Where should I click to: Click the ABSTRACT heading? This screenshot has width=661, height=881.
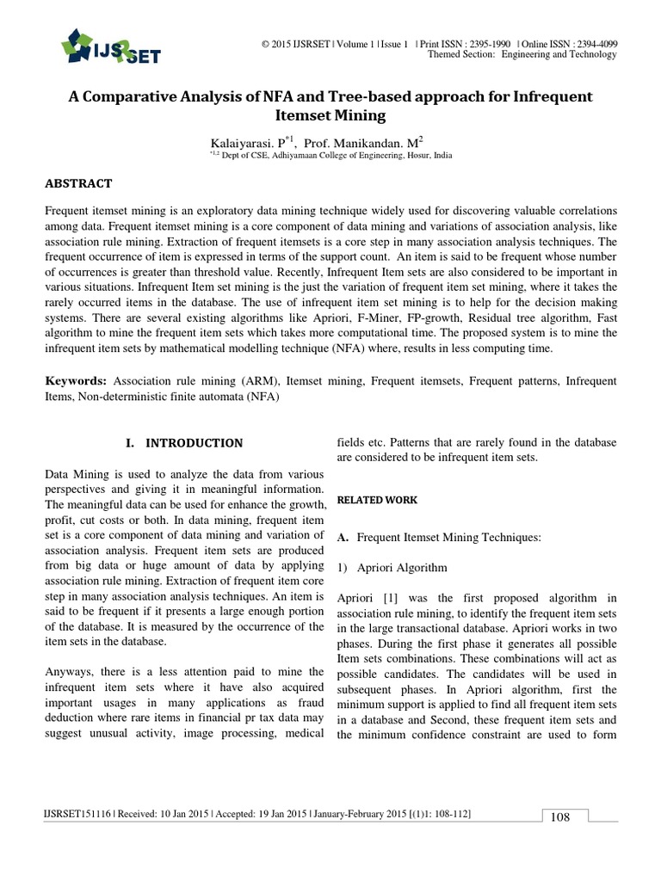pos(78,183)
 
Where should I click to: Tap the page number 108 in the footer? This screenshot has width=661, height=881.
pos(560,816)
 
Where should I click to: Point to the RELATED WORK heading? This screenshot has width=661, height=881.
pos(366,500)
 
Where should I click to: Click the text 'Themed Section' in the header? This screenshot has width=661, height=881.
pos(461,54)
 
